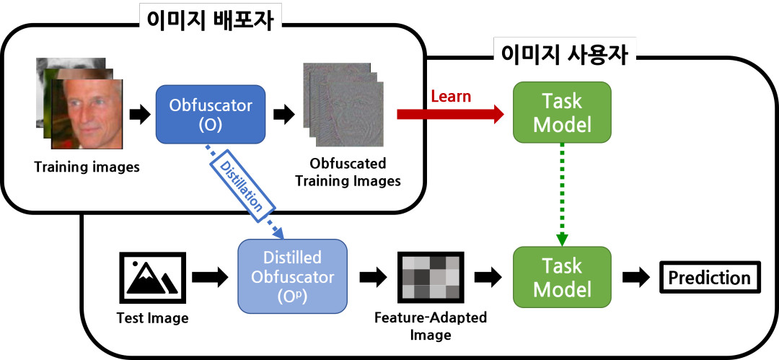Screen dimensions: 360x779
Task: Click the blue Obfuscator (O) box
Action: pyautogui.click(x=211, y=113)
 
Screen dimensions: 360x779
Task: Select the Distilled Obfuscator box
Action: pyautogui.click(x=292, y=278)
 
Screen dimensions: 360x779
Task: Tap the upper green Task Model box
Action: pyautogui.click(x=561, y=113)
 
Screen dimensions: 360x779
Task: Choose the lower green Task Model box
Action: pyautogui.click(x=561, y=278)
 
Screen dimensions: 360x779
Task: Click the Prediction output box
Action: pyautogui.click(x=709, y=278)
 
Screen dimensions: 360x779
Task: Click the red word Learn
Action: pyautogui.click(x=450, y=97)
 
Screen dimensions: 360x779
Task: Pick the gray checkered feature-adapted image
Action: pyautogui.click(x=430, y=278)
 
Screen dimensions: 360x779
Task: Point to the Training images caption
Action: pyautogui.click(x=87, y=169)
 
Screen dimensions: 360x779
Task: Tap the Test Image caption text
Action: pyautogui.click(x=152, y=317)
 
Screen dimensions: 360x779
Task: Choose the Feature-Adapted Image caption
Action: pyautogui.click(x=431, y=326)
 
